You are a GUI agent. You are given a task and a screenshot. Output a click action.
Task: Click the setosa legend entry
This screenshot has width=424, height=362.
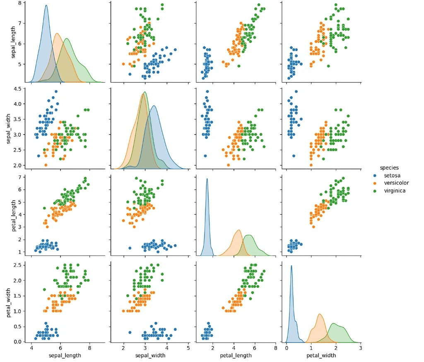click(x=391, y=176)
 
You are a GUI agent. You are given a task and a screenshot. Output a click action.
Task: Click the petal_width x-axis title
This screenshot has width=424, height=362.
click(x=321, y=355)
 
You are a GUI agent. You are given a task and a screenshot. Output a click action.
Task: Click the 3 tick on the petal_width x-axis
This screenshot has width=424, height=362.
click(x=361, y=348)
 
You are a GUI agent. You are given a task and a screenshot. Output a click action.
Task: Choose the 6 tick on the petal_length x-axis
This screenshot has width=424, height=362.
click(x=255, y=348)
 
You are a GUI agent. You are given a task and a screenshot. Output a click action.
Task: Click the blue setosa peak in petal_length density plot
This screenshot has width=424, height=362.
click(x=207, y=179)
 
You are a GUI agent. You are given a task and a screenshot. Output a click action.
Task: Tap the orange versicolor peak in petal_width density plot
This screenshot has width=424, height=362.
click(x=320, y=314)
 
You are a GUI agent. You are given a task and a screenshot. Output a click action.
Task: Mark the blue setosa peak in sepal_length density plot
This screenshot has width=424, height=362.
click(x=46, y=5)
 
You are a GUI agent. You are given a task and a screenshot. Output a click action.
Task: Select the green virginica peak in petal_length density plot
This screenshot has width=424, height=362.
click(x=249, y=235)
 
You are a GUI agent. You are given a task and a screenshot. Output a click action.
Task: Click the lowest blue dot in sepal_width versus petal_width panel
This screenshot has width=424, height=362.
click(x=294, y=156)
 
